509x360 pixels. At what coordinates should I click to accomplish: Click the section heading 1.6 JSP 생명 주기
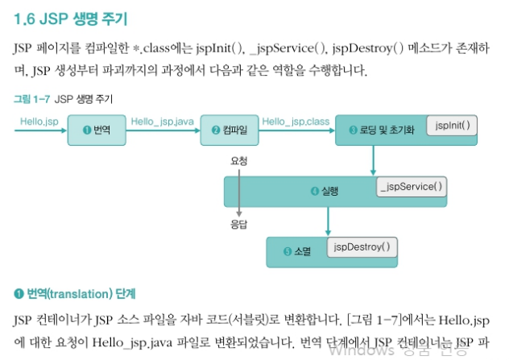(70, 16)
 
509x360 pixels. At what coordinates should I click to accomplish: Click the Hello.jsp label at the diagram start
(35, 121)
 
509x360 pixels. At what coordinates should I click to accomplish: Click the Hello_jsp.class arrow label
(296, 121)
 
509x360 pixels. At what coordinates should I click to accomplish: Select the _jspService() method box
(412, 186)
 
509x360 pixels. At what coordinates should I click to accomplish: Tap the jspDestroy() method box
(362, 246)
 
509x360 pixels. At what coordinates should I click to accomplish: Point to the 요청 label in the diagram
(238, 161)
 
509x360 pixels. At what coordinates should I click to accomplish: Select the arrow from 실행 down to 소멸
(326, 221)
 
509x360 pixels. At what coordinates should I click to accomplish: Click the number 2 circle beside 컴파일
(216, 130)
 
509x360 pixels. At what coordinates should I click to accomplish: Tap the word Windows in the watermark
(361, 349)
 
